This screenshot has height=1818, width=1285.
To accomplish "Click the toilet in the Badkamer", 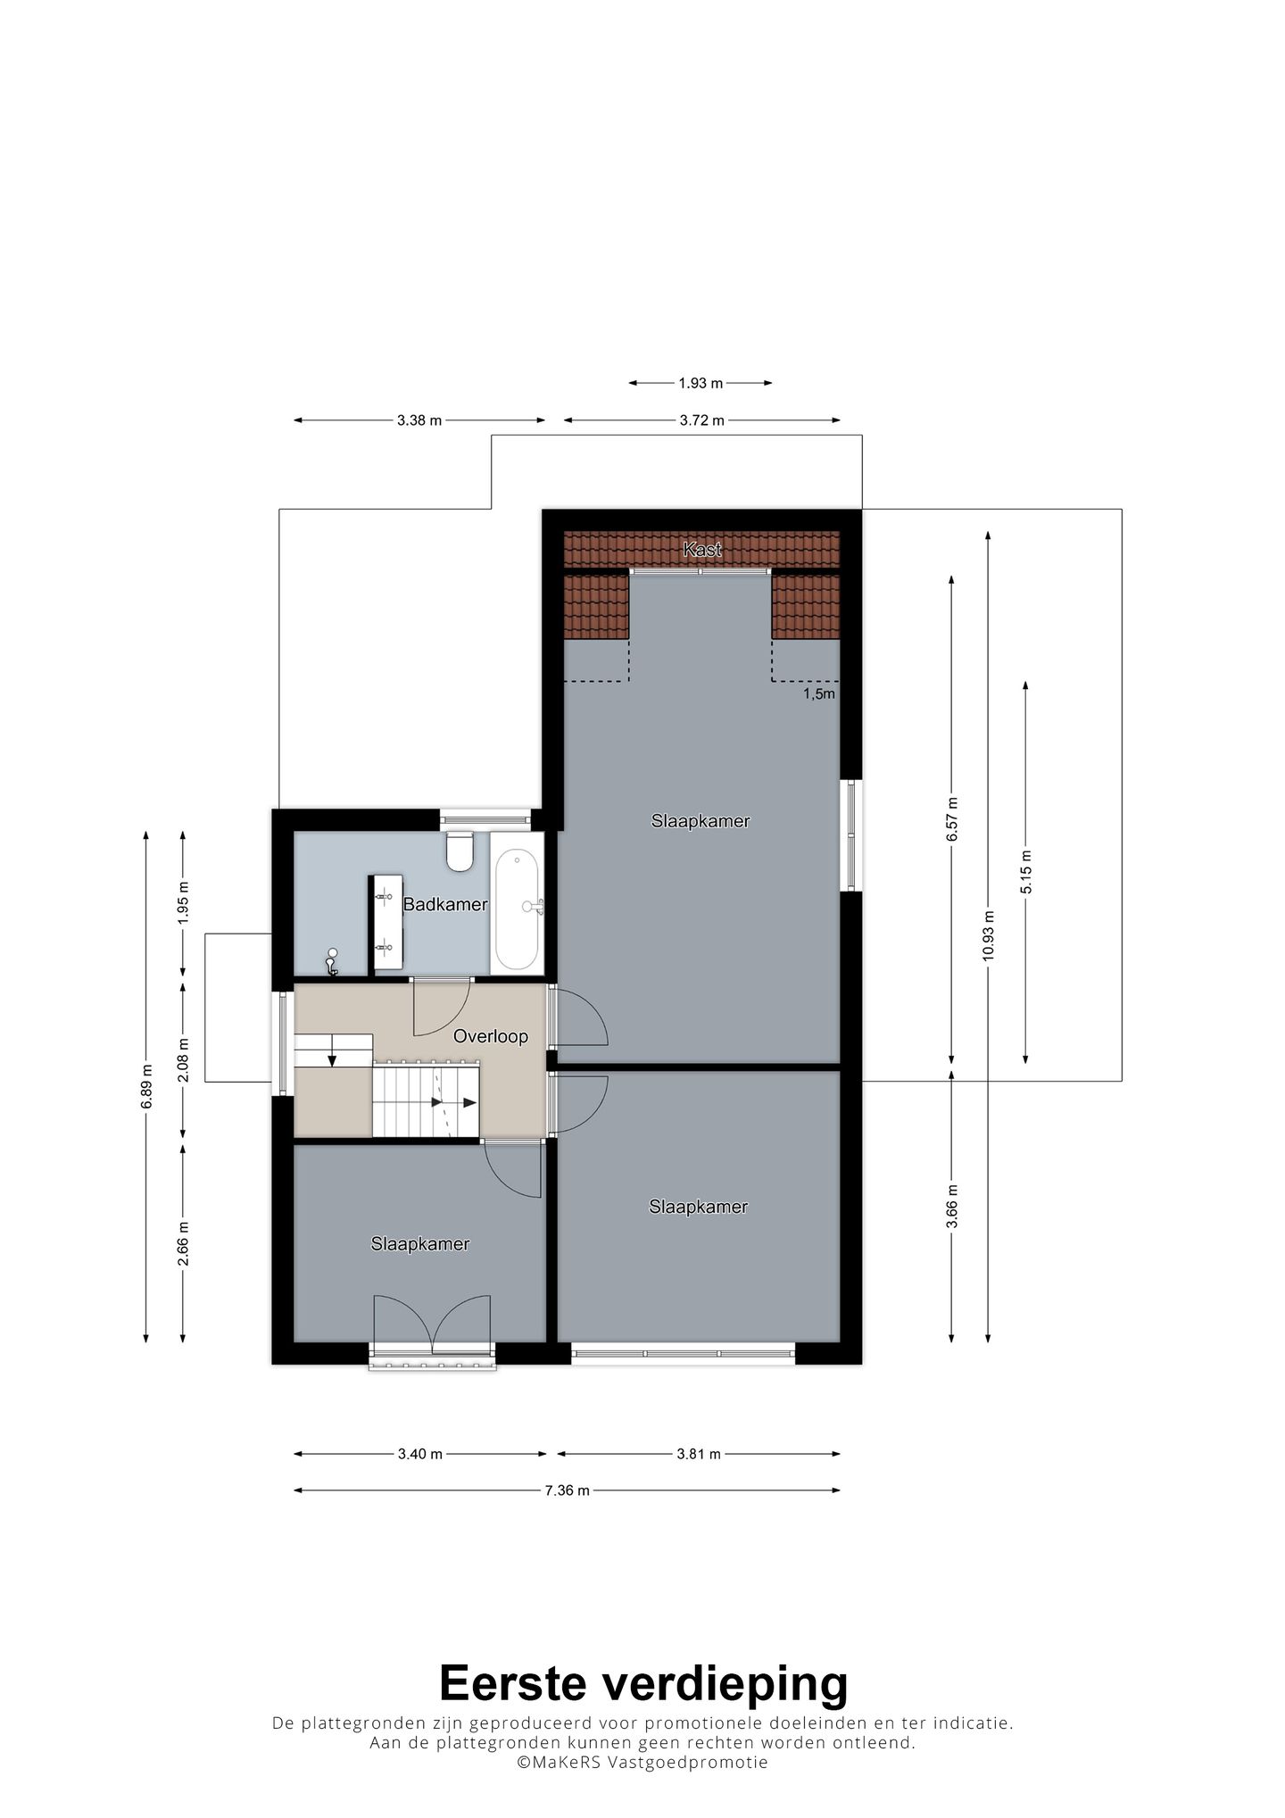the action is (460, 851).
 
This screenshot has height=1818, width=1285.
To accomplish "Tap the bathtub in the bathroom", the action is (517, 909).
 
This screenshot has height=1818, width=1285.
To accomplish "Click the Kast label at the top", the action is (702, 550).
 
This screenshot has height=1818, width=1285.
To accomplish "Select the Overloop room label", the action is (491, 1036).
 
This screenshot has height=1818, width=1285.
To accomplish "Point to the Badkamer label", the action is (445, 904).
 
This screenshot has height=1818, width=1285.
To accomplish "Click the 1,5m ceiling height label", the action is (819, 693).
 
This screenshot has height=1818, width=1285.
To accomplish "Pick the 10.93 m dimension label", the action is (988, 934).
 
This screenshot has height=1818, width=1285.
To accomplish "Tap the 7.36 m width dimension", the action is (568, 1490).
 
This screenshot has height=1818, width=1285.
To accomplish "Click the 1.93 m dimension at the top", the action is (701, 383).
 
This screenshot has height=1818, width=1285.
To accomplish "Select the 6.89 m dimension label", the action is (146, 1087).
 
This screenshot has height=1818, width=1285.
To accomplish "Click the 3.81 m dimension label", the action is (698, 1454).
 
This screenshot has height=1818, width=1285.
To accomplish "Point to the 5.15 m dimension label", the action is (1025, 871).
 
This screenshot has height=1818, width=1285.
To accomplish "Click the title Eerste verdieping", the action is (643, 1683).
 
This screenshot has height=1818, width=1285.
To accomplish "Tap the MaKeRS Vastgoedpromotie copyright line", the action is (642, 1762).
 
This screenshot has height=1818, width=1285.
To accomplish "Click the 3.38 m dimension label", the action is (419, 420).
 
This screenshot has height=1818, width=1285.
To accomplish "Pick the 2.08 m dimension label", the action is (183, 1059).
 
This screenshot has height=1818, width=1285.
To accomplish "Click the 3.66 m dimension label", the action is (952, 1207).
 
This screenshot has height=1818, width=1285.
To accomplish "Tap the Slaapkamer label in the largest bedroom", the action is (701, 821).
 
